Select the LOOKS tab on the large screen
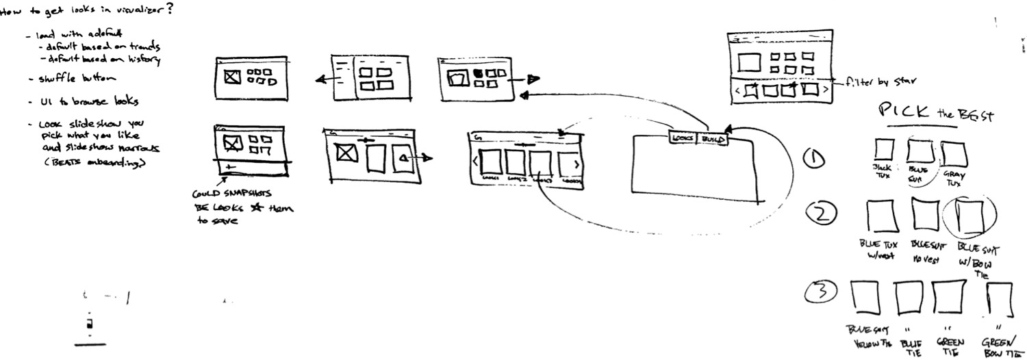tap(683, 138)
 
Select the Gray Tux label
tap(952, 180)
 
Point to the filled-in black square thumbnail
tap(479, 71)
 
